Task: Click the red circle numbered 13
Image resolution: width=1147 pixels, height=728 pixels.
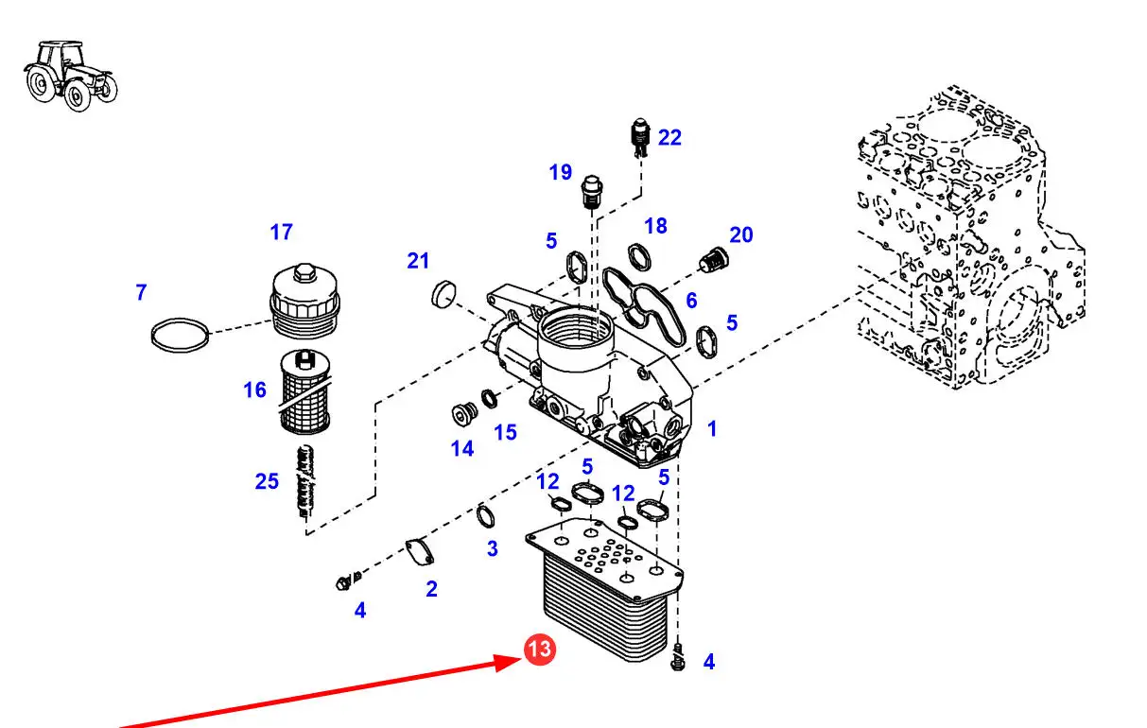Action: (x=539, y=650)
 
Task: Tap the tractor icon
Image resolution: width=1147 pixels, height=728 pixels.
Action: (x=71, y=76)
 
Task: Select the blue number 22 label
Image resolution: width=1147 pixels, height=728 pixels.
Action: (x=669, y=138)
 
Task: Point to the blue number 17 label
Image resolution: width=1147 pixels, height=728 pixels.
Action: (x=281, y=232)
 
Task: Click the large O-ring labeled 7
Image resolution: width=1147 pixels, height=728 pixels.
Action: (x=181, y=336)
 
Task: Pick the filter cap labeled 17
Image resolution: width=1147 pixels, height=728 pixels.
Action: (x=304, y=300)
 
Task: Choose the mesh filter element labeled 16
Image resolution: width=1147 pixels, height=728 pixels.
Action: (x=305, y=391)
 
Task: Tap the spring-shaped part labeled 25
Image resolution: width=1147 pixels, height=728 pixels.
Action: (x=306, y=482)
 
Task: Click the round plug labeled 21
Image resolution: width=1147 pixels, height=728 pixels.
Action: (x=443, y=294)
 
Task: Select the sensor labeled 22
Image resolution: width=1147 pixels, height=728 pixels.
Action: (x=639, y=137)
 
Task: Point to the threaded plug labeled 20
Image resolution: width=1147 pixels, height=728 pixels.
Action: (x=714, y=260)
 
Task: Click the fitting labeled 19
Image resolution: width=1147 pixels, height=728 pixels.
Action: (x=591, y=192)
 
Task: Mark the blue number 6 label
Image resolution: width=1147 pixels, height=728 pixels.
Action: (x=691, y=301)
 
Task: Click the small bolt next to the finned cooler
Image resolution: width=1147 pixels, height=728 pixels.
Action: (x=677, y=657)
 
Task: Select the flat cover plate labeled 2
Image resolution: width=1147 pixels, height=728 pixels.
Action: (x=420, y=552)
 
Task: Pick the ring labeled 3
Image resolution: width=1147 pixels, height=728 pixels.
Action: (x=485, y=516)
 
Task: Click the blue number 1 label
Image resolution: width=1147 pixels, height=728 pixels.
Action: (x=712, y=429)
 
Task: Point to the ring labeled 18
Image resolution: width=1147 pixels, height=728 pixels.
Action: (x=639, y=257)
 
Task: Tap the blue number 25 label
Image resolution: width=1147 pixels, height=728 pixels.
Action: (x=267, y=481)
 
